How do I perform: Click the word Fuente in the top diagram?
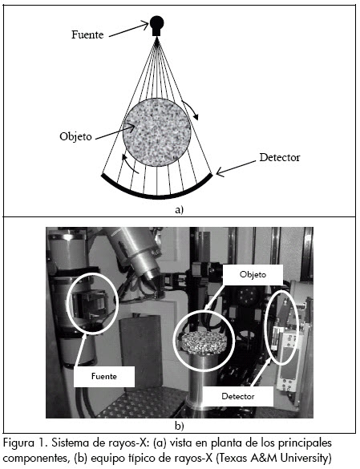[87, 34]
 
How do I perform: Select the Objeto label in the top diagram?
[75, 137]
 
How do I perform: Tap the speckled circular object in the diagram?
[157, 132]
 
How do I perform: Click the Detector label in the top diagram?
[280, 157]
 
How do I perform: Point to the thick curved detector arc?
[157, 196]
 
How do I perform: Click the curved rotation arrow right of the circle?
[192, 110]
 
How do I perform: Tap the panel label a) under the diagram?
[179, 210]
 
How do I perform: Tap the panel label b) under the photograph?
[180, 425]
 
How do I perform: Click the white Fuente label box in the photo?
[104, 376]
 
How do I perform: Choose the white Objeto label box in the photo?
[253, 274]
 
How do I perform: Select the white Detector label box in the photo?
[238, 396]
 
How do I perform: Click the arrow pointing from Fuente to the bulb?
[128, 30]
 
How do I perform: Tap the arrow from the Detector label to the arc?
[236, 168]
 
